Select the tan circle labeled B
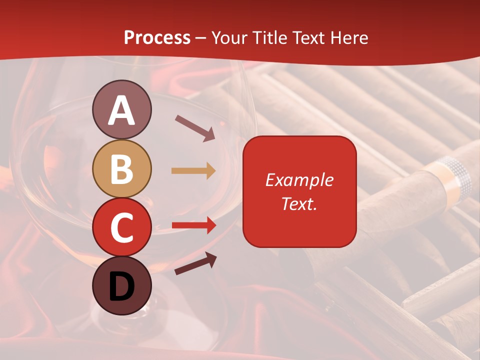point(121,168)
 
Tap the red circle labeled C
point(121,227)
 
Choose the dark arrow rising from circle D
point(195,263)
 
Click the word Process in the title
point(157,37)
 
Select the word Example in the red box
point(299,180)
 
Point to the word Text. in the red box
point(299,203)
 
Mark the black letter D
point(121,286)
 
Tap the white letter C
point(121,227)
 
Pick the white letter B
point(121,168)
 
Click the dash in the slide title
point(201,38)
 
